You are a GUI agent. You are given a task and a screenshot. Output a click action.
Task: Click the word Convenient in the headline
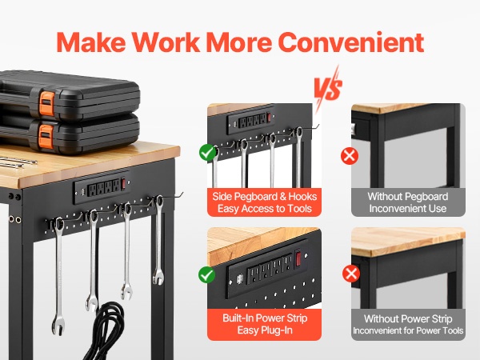point(351,42)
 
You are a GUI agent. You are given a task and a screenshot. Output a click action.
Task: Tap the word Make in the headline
point(91,42)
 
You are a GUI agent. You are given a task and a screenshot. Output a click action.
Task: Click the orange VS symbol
point(328,86)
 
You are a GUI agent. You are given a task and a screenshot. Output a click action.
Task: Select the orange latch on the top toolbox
point(46,104)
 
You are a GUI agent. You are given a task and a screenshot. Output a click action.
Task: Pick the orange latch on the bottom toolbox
point(46,137)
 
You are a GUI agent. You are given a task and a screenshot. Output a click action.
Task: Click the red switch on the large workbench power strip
point(123,184)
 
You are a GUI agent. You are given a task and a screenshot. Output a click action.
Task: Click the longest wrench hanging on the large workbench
point(58,275)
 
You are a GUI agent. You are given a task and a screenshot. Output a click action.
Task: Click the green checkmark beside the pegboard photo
point(208,152)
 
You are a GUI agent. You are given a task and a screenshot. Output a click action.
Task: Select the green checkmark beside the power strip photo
point(207,274)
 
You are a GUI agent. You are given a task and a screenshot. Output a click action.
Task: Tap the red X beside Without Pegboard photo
point(350,156)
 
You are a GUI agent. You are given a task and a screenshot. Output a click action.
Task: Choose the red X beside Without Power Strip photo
point(351,274)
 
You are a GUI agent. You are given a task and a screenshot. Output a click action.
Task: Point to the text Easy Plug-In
point(265,330)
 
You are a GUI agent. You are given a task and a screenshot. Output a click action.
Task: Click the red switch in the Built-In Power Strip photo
point(298,258)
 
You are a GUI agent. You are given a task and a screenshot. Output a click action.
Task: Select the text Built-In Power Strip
point(265,318)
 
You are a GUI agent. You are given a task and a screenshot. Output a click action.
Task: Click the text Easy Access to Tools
point(265,209)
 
